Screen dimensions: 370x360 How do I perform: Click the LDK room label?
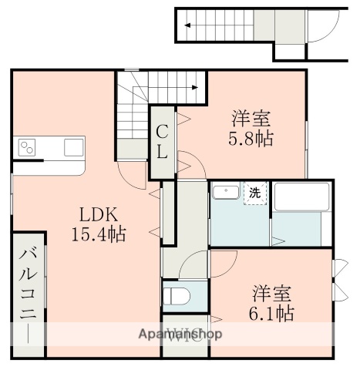click(99, 214)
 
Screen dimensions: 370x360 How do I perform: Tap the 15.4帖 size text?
click(99, 233)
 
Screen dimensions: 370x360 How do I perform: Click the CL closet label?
click(163, 142)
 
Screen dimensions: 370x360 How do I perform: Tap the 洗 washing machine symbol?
click(253, 193)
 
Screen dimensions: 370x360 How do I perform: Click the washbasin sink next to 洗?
click(225, 192)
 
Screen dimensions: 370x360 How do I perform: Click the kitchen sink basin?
click(74, 146)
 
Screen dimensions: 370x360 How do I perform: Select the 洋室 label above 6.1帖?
click(271, 293)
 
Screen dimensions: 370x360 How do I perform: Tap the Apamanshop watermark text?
click(180, 334)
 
